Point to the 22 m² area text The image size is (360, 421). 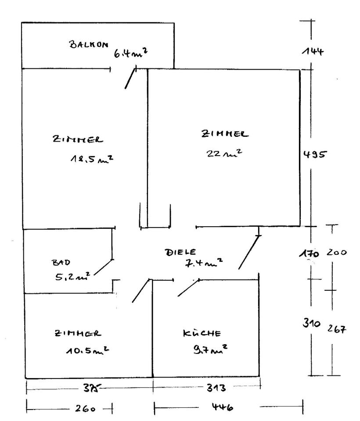225,153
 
